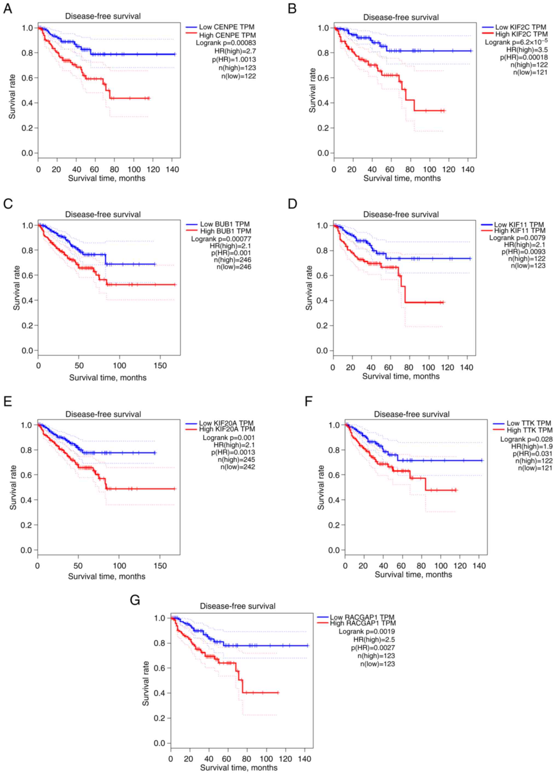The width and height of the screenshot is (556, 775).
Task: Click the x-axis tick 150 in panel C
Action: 160,366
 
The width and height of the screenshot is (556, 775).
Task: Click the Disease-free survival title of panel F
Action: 412,414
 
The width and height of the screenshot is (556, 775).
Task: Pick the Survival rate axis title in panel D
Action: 309,288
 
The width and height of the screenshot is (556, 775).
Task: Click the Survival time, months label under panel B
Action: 402,178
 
